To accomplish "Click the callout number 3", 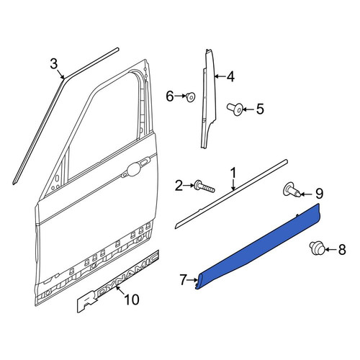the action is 54,64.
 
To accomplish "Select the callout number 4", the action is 230,77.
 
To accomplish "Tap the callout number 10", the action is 132,300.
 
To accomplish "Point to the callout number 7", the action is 183,280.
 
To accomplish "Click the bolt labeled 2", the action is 204,186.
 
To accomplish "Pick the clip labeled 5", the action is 235,109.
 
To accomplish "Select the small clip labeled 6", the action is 191,96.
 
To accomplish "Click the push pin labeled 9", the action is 292,190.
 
